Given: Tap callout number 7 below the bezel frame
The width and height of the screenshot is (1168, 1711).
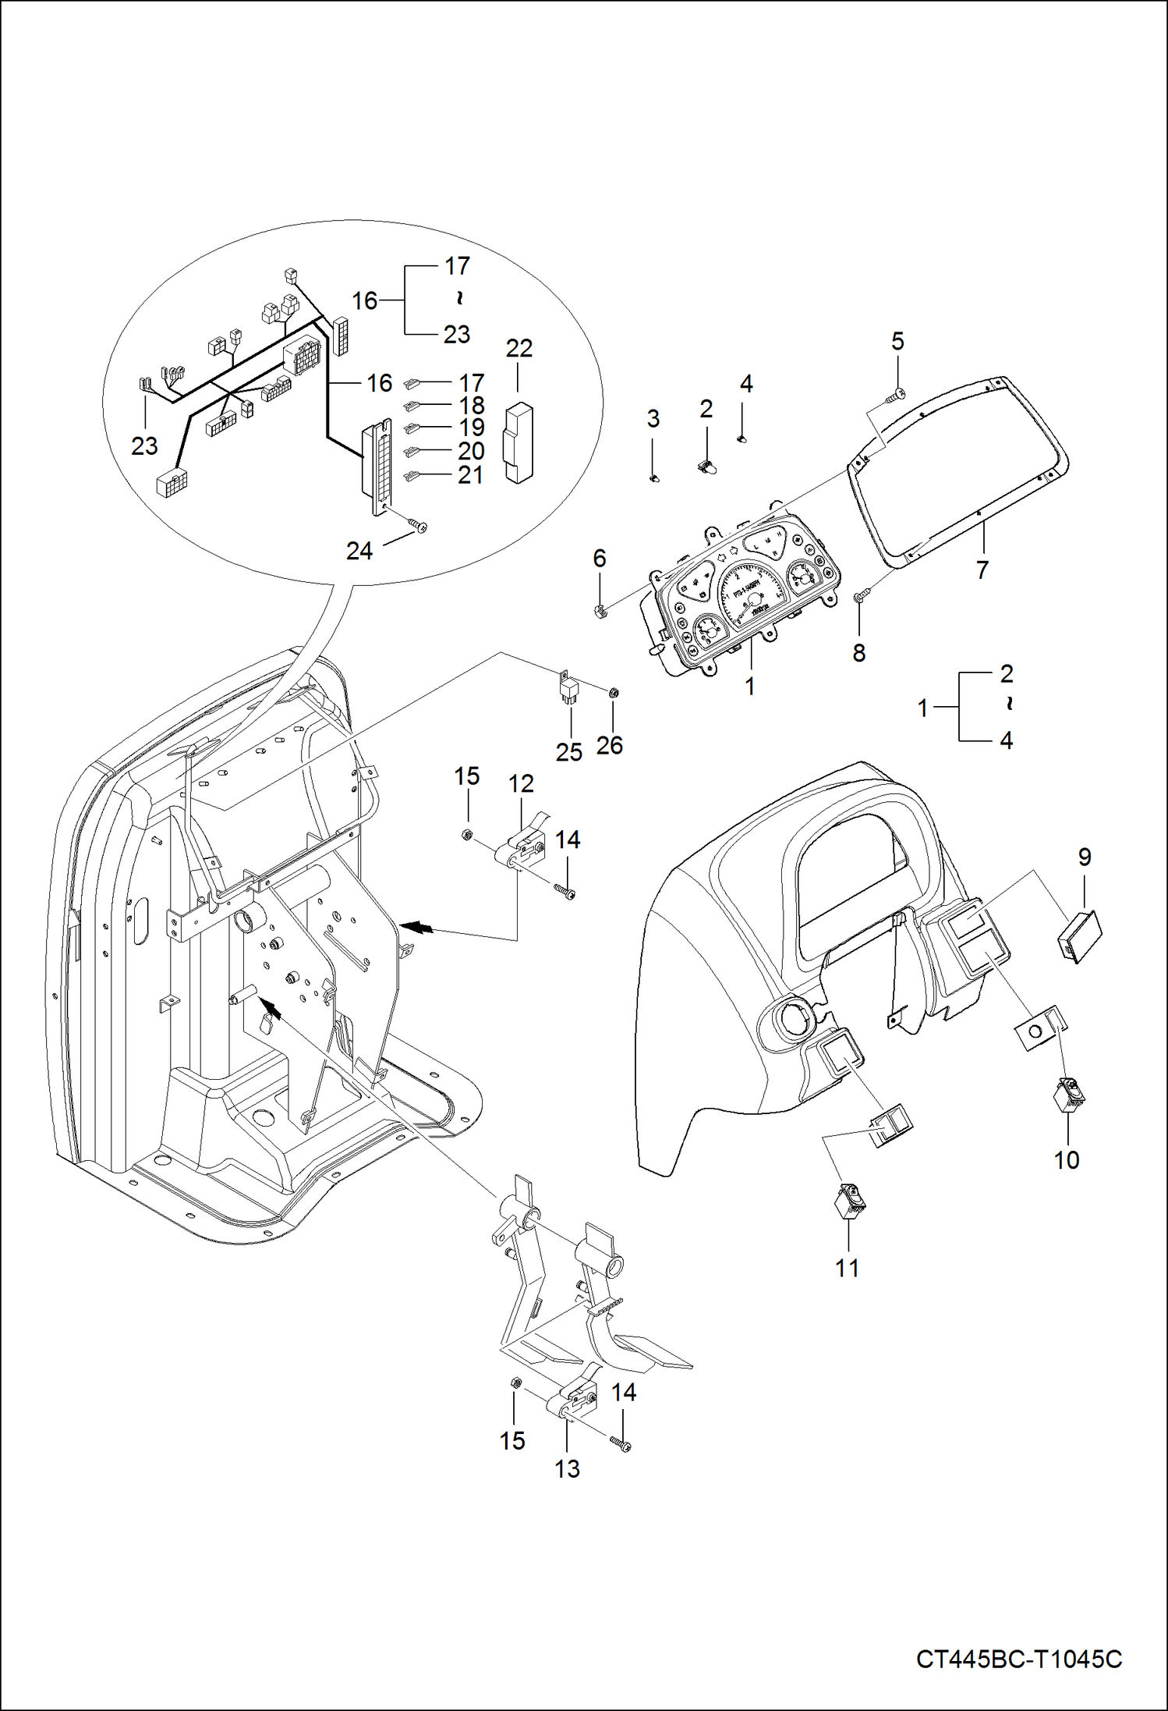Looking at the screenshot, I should point(982,570).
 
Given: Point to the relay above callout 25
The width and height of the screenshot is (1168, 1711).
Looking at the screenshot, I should point(567,689).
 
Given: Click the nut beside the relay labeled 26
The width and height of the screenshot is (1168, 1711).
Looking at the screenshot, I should point(613,692).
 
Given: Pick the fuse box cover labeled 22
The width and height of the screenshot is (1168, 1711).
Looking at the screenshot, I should point(519,442).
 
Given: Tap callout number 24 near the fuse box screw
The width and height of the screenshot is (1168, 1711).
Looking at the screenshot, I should point(359,551).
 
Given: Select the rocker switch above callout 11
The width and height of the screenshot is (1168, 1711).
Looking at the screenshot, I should point(849,1201).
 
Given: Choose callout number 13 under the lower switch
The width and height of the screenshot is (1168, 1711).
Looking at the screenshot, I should point(567,1468).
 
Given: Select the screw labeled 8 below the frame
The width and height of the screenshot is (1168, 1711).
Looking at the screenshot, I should point(861,596).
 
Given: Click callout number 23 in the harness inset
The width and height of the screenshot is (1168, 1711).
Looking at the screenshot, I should point(144,445).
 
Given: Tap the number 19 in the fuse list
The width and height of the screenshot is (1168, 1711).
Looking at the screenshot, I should point(472,428).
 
